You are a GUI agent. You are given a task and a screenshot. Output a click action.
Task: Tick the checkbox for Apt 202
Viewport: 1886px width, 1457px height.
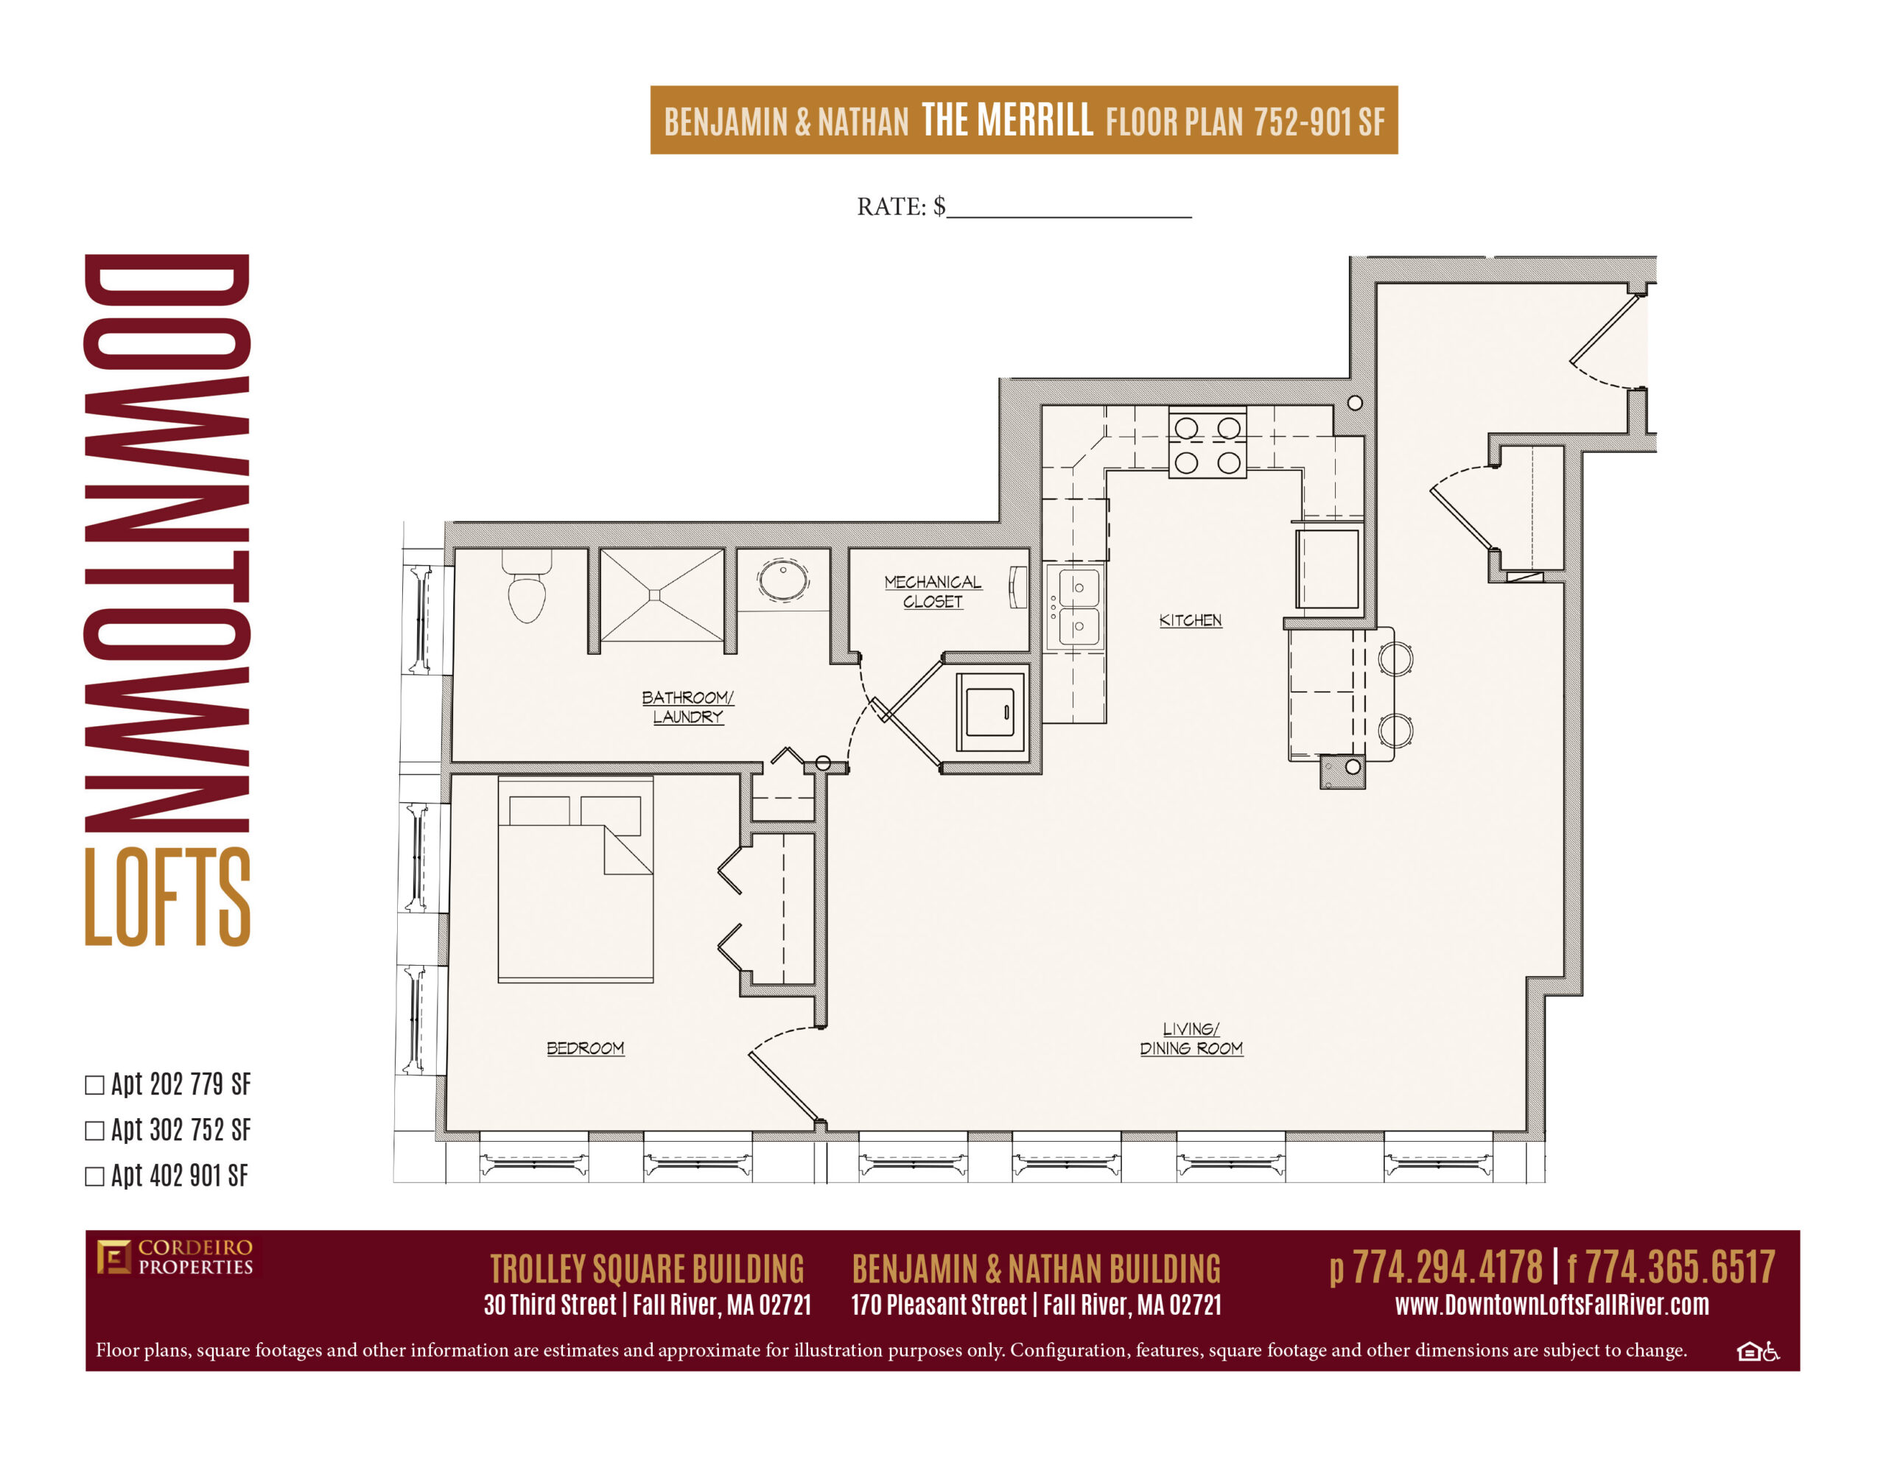(94, 1086)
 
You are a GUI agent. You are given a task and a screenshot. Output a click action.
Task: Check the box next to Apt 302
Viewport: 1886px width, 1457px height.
(94, 1131)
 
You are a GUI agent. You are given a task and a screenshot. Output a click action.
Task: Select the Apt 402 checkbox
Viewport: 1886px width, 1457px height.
(94, 1177)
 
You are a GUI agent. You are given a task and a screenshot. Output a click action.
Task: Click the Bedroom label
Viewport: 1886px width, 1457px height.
(585, 1047)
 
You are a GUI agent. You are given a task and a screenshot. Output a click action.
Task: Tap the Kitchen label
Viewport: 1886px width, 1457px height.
(1190, 620)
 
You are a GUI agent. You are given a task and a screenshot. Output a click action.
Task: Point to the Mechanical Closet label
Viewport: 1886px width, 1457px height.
(933, 591)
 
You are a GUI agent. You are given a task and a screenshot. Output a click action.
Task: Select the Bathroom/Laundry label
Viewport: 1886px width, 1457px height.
(687, 706)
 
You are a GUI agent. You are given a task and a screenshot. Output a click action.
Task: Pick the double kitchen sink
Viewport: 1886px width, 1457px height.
(1075, 606)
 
